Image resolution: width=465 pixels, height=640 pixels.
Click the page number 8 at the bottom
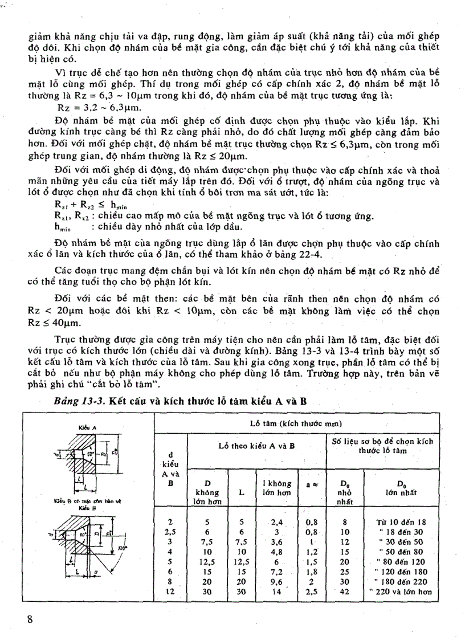click(31, 620)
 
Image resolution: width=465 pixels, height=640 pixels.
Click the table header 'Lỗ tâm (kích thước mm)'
click(296, 423)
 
